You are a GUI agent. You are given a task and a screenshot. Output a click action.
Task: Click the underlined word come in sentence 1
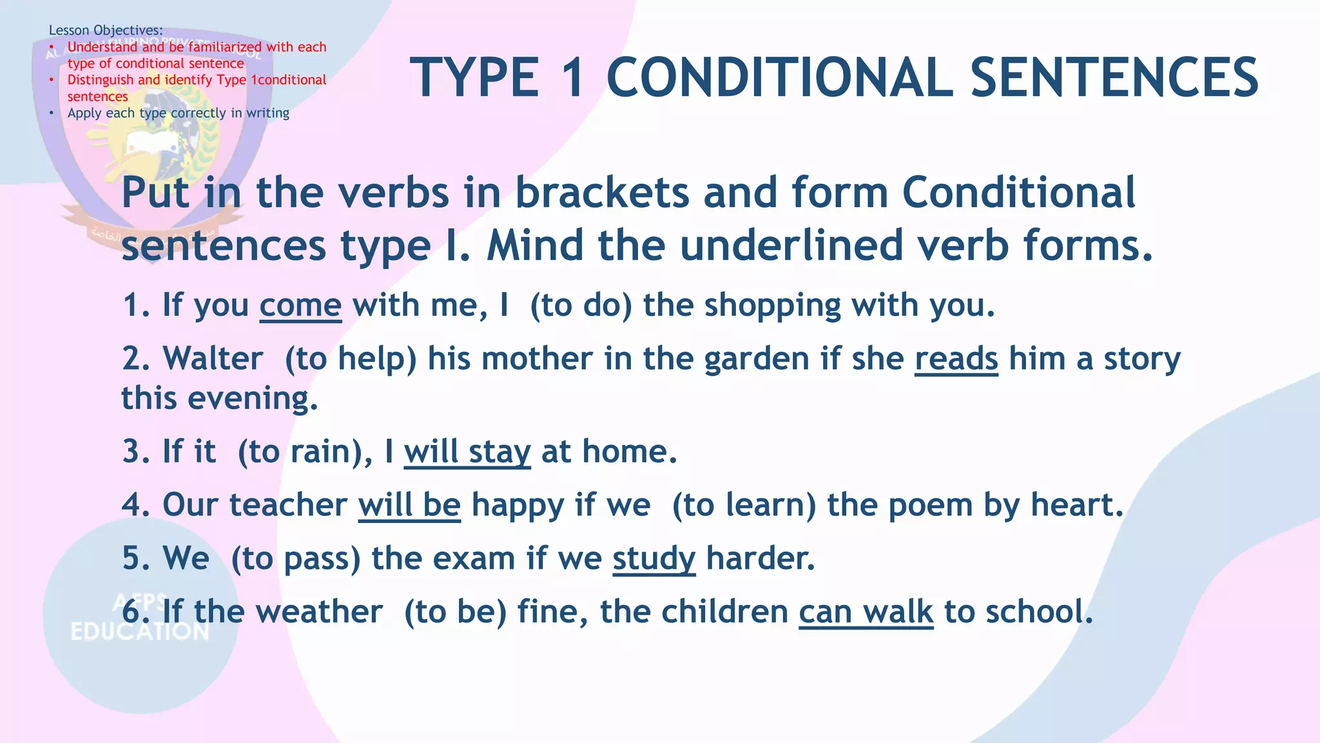click(x=300, y=306)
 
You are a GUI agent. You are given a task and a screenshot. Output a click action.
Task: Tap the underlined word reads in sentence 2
click(x=956, y=359)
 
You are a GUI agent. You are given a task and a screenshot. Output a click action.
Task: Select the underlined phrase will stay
click(x=467, y=451)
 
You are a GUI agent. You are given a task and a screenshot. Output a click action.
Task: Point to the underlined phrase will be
click(x=409, y=505)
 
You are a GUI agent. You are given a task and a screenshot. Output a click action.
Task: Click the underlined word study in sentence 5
click(x=654, y=559)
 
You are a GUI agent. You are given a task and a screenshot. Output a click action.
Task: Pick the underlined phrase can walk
click(x=866, y=612)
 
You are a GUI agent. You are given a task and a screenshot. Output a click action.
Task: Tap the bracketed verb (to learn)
click(x=743, y=505)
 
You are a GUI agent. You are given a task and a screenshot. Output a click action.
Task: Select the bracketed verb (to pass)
click(x=295, y=559)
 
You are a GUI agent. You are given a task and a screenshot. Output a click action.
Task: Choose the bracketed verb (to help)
click(x=351, y=359)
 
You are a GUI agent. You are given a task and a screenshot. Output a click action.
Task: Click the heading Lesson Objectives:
click(x=106, y=30)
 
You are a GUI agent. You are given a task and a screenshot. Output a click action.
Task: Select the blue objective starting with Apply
click(x=178, y=114)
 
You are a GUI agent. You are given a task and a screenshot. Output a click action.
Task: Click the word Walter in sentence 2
click(x=213, y=359)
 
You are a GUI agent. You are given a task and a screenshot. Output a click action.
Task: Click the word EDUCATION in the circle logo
click(x=140, y=631)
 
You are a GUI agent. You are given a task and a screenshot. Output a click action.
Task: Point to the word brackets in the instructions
click(x=603, y=193)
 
